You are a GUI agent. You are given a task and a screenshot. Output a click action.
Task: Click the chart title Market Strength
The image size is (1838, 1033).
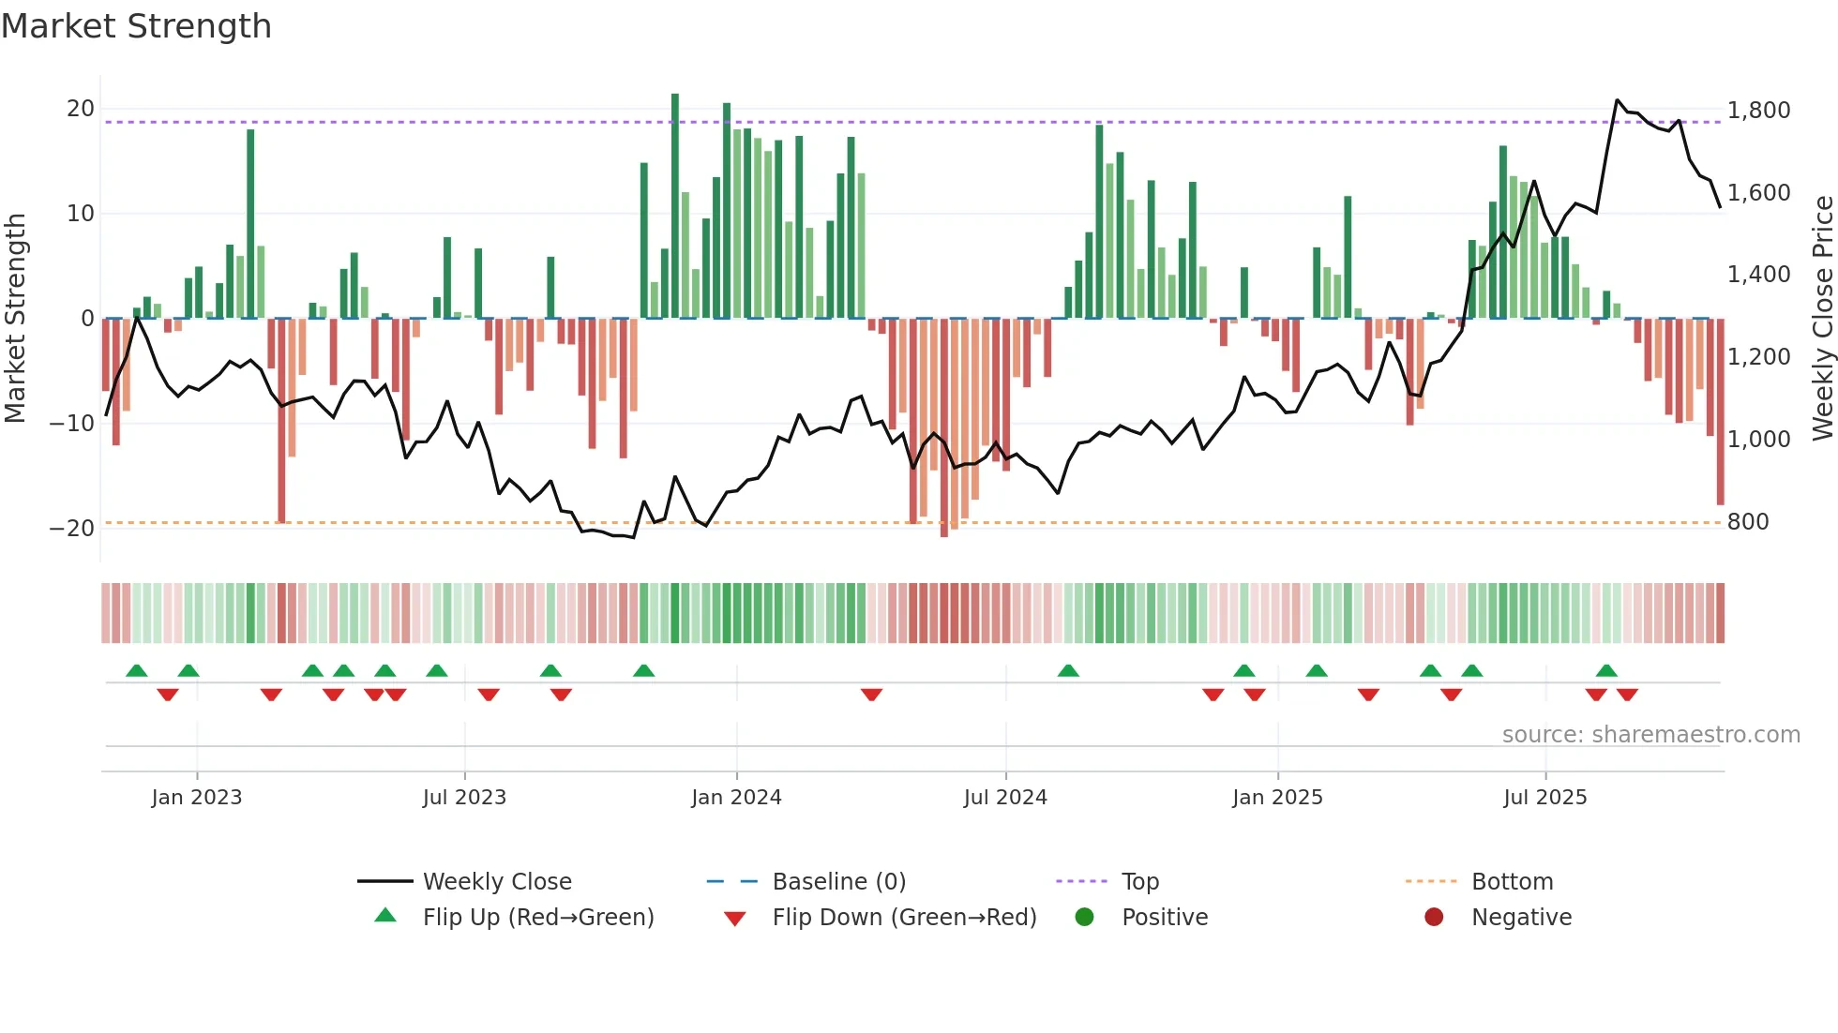(x=136, y=26)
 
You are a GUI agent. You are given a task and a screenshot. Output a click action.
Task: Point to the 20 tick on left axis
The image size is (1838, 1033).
(x=80, y=109)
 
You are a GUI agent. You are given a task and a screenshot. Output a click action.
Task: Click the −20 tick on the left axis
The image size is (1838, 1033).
(x=72, y=528)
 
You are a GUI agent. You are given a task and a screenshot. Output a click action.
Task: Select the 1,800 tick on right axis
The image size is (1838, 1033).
(x=1758, y=111)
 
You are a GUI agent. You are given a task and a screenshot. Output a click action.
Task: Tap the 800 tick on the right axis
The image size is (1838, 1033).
(x=1747, y=522)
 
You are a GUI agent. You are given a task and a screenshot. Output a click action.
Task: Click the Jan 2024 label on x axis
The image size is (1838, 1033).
(x=736, y=798)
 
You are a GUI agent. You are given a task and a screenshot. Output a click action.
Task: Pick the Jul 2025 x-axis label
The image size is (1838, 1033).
(x=1544, y=798)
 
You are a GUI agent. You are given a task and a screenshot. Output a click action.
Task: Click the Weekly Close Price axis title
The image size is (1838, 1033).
(x=1822, y=319)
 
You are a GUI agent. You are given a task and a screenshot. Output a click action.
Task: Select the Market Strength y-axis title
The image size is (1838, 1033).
(x=16, y=319)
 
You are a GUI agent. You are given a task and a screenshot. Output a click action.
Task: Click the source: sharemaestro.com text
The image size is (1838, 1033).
(x=1650, y=735)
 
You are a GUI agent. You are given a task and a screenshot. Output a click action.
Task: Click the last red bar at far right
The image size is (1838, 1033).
(x=1720, y=412)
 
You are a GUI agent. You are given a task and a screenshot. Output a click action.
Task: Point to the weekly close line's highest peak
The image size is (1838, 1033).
(x=1618, y=100)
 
